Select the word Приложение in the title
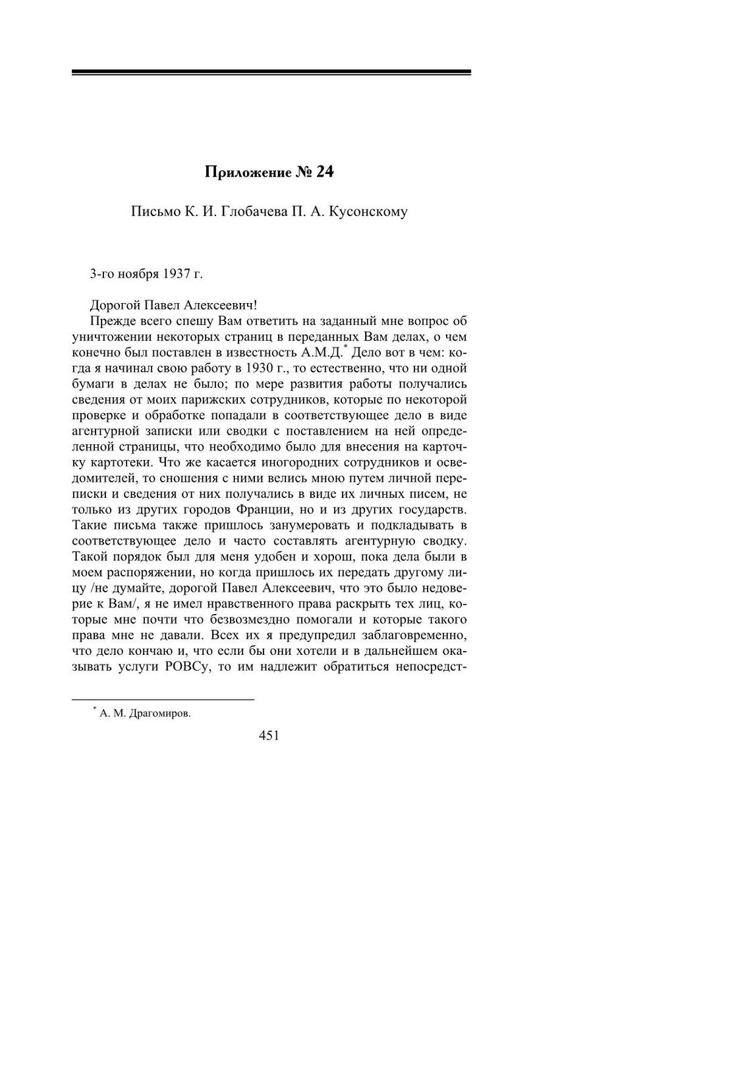(246, 173)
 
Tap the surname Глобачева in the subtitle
(254, 212)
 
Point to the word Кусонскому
(367, 212)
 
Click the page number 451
(269, 735)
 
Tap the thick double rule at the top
(271, 72)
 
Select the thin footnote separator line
(163, 698)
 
